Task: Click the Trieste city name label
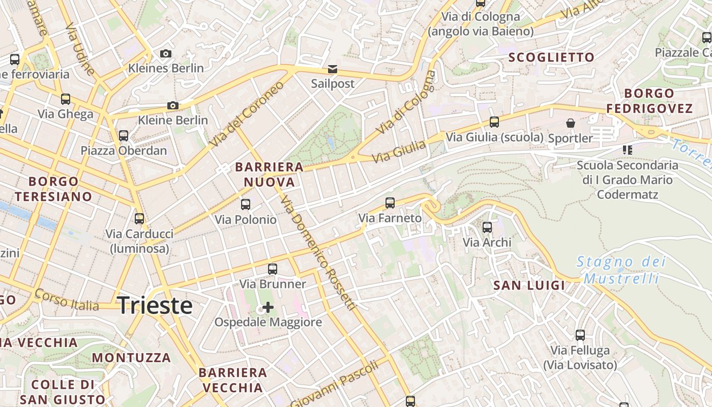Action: click(x=155, y=306)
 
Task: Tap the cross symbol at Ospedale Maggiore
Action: click(x=268, y=307)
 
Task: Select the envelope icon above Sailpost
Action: click(x=332, y=69)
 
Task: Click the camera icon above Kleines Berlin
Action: click(x=166, y=53)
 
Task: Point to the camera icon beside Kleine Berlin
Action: click(x=173, y=106)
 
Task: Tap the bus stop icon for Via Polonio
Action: click(x=246, y=205)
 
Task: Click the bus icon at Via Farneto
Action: click(x=390, y=203)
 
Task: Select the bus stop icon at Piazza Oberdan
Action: click(x=124, y=136)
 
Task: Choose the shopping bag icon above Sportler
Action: click(x=571, y=123)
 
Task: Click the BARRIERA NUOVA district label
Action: click(x=269, y=175)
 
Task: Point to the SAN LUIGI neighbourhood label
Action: click(x=529, y=285)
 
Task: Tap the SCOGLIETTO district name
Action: click(x=551, y=57)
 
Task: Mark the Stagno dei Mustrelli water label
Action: click(x=621, y=270)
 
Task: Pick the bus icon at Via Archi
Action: click(x=487, y=227)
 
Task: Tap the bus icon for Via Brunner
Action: click(x=273, y=269)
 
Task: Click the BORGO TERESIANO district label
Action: click(x=53, y=189)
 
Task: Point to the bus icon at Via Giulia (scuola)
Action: click(x=494, y=122)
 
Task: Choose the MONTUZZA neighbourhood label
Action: click(x=131, y=357)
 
